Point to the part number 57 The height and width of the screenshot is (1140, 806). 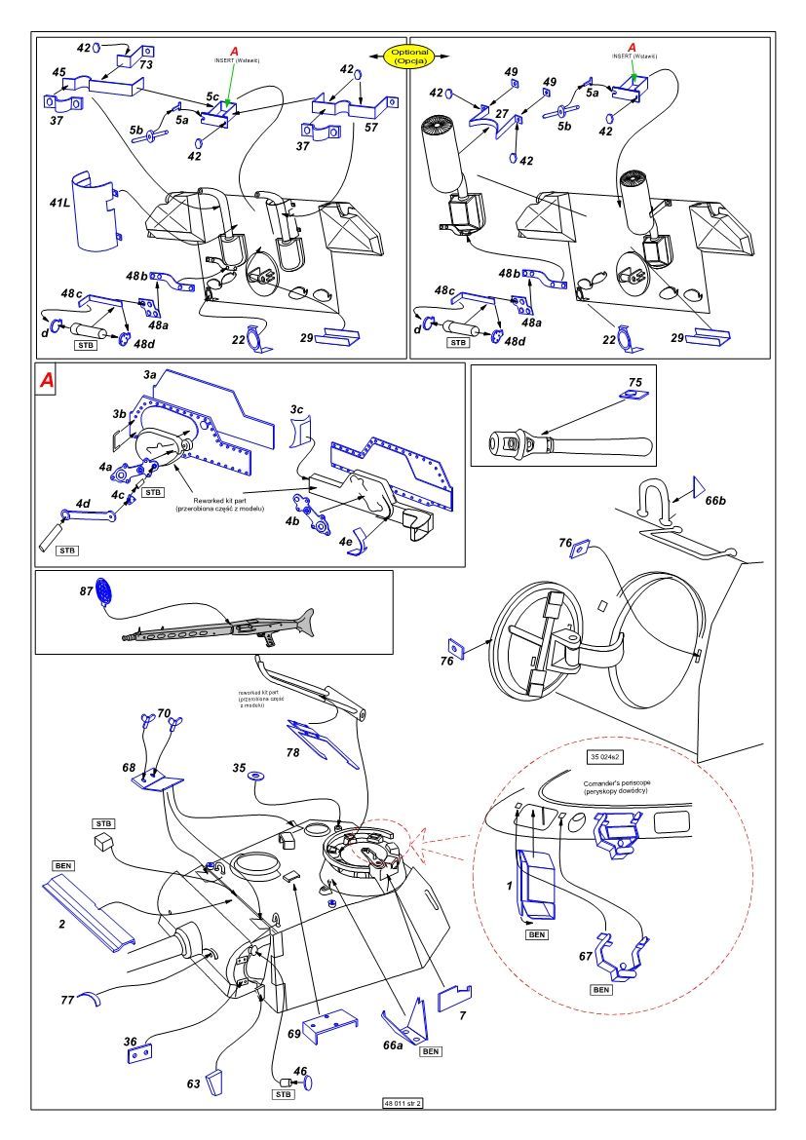click(x=371, y=129)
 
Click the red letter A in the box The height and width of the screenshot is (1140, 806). click(x=46, y=381)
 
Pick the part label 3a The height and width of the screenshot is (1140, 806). click(x=149, y=374)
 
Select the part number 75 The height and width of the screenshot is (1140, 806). click(x=635, y=381)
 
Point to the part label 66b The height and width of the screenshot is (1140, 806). click(x=716, y=500)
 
